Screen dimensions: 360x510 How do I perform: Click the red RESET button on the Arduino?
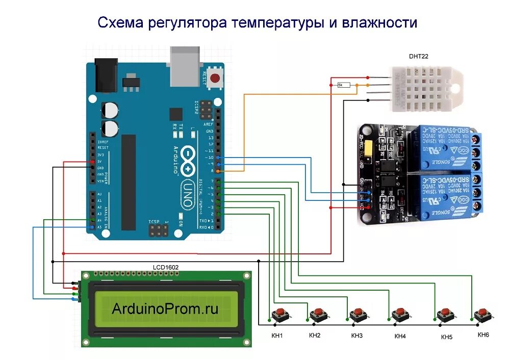point(216,79)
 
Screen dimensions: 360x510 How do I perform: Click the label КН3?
point(356,336)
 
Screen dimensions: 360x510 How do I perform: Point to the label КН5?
point(447,337)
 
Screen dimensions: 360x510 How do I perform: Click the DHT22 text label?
point(415,57)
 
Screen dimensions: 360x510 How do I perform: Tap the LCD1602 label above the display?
point(166,267)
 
